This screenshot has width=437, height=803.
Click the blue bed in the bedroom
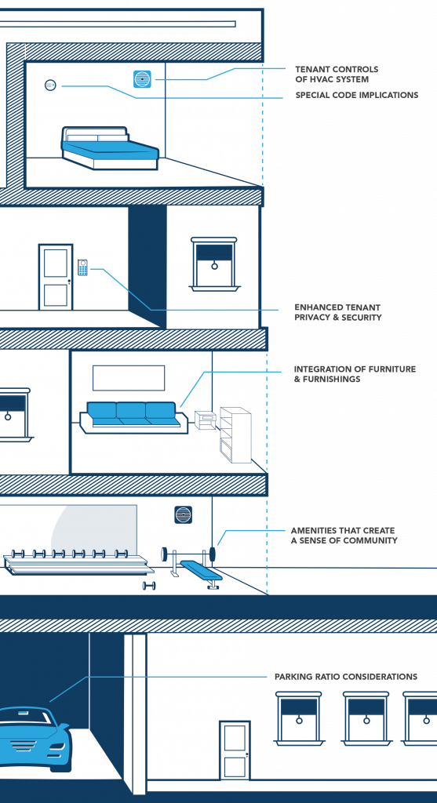pos(110,148)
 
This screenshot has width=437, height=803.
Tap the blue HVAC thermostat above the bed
pos(143,79)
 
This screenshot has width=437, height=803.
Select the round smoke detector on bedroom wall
pos(50,85)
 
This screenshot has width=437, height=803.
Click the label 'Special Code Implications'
pos(356,95)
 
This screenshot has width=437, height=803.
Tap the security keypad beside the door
pos(82,268)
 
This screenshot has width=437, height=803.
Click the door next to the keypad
pos(56,277)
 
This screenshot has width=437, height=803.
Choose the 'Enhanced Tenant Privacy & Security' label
pos(337,312)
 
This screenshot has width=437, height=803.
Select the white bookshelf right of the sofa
pos(235,434)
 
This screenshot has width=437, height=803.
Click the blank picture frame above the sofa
pos(129,378)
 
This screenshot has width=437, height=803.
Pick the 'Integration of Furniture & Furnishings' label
pos(355,374)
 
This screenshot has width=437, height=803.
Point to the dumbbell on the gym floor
pos(149,585)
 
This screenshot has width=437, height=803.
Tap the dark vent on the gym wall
pos(183,514)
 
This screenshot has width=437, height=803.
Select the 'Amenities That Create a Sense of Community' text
pos(344,536)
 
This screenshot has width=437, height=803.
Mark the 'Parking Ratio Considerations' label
pos(346,677)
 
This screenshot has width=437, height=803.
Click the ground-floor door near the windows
pos(235,750)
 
